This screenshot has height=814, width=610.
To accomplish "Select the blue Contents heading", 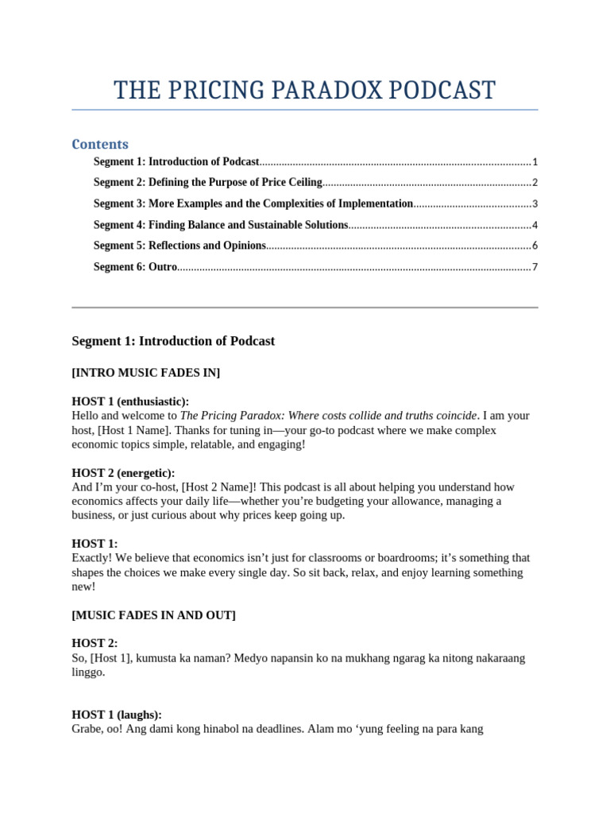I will (100, 144).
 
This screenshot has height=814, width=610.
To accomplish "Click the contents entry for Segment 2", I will (207, 182).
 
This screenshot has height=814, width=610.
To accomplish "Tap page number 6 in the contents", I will (535, 246).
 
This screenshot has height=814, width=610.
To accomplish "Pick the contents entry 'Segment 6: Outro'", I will (135, 267).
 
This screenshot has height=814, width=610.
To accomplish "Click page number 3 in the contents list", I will (535, 203).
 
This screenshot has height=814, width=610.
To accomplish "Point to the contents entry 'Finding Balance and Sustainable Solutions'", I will (248, 225).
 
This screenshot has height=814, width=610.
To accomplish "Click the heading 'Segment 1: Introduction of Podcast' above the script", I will (173, 341).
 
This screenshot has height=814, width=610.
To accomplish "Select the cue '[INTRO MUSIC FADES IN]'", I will (145, 372).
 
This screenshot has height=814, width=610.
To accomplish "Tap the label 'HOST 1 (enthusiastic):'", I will (130, 401).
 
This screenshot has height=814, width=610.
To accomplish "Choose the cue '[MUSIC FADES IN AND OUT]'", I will (153, 615).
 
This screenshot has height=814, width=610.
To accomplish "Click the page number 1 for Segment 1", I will (535, 161).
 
